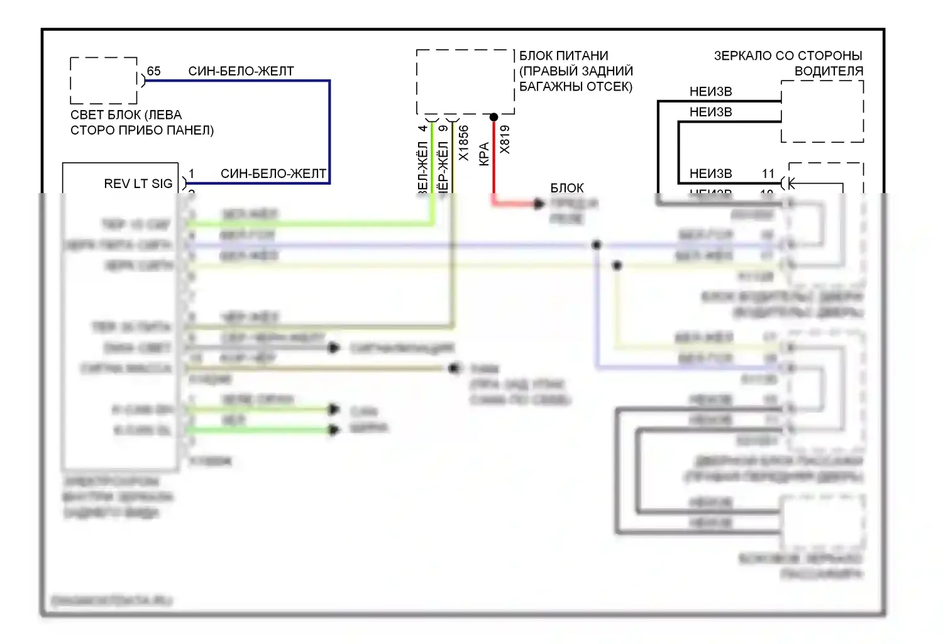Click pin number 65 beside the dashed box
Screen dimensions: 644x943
tap(153, 71)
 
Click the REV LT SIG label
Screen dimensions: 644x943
tap(138, 184)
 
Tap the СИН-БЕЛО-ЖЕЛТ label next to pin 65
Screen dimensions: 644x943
tap(241, 71)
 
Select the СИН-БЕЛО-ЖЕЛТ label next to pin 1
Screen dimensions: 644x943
tap(273, 174)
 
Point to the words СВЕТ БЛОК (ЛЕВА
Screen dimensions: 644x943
tap(126, 115)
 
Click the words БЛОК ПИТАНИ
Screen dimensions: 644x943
tap(563, 56)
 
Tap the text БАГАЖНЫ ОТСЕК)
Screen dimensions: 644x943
tap(575, 87)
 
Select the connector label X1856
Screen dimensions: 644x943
tap(463, 143)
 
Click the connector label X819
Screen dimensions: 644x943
tap(505, 140)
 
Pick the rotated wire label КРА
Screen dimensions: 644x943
tap(483, 154)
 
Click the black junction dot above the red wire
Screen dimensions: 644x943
tap(494, 117)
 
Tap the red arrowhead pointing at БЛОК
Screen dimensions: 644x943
tap(538, 203)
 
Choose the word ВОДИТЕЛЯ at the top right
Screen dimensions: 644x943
tap(829, 71)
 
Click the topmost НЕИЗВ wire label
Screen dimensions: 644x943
tap(710, 92)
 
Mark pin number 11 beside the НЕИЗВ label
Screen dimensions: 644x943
tap(768, 174)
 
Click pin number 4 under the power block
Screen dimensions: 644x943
tap(422, 129)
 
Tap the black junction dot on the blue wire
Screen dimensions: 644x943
tap(597, 245)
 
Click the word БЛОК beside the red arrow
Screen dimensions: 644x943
tap(566, 188)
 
